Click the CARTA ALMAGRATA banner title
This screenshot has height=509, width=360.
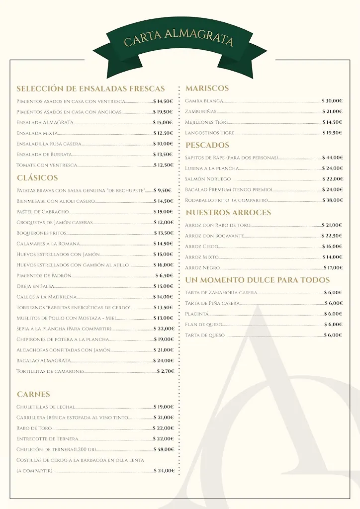[x=179, y=39]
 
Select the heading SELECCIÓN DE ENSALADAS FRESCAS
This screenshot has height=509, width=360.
[x=90, y=89]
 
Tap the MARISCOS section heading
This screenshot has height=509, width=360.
[x=207, y=88]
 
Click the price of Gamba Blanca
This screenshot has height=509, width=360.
[x=332, y=101]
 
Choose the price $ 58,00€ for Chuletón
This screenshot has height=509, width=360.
[x=164, y=449]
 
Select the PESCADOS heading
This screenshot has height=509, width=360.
[x=207, y=145]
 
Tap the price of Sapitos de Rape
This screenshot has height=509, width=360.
[x=332, y=158]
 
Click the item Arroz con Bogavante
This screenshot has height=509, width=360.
[x=214, y=236]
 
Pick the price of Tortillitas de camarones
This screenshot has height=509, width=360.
[x=165, y=371]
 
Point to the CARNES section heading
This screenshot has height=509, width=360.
[x=33, y=394]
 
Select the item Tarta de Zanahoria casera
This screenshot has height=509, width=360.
[x=221, y=293]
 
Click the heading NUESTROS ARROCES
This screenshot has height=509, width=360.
[x=228, y=213]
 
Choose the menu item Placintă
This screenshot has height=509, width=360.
[x=197, y=314]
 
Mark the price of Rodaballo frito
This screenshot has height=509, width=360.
[x=332, y=200]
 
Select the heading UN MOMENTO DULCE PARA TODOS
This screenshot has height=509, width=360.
[x=257, y=280]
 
